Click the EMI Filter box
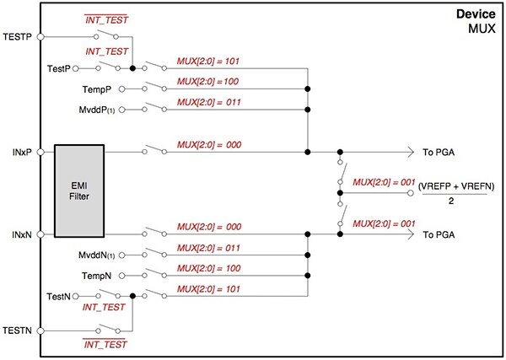pos(79,191)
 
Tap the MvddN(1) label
pos(101,255)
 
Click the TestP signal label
pos(62,67)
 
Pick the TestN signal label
pos(61,296)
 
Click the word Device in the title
pos(476,15)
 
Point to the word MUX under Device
pos(483,29)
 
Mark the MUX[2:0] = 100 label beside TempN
pos(211,269)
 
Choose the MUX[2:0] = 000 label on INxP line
pos(211,145)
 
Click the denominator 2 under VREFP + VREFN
pos(455,201)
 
